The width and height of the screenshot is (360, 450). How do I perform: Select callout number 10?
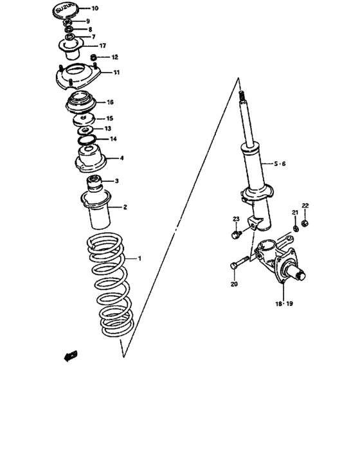coord(95,9)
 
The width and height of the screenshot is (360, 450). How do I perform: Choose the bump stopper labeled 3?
coord(94,182)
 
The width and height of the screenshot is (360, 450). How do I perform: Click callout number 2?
coord(125,207)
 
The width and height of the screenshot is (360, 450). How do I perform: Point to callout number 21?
coord(295,213)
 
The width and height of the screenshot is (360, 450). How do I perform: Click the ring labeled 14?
coord(85,139)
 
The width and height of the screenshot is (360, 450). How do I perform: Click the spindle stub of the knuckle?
coord(300,276)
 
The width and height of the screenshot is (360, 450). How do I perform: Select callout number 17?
coord(102,46)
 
